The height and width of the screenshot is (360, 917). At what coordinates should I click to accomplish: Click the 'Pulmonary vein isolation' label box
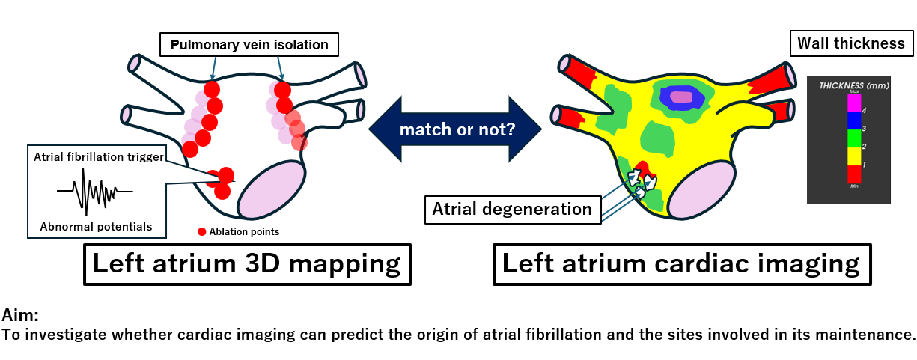249,45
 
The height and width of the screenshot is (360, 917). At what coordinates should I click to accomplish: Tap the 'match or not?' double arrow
457,129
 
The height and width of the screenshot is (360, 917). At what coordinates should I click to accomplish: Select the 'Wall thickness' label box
850,43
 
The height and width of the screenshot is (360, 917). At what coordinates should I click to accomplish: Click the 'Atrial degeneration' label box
513,209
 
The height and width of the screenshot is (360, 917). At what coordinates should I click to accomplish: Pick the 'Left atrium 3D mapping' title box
246,263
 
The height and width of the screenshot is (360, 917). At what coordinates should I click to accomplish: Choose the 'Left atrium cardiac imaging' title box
680,263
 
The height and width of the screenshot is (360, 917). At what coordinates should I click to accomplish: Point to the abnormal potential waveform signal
94,192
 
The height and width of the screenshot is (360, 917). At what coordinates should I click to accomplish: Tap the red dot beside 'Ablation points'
201,231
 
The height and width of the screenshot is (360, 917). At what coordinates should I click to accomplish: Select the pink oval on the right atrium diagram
701,190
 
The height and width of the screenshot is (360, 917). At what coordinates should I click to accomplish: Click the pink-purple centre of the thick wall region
682,97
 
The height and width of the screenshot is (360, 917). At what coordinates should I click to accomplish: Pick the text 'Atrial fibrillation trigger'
97,158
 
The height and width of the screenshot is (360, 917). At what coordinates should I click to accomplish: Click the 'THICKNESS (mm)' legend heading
853,85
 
